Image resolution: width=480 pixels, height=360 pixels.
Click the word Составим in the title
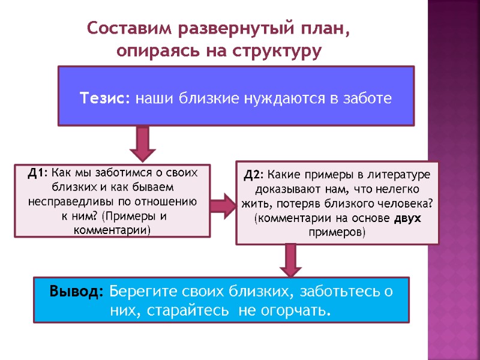coord(123,28)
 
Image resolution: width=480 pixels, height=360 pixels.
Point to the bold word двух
coord(408,219)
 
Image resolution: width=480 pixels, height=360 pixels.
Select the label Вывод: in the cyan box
coord(77,292)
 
